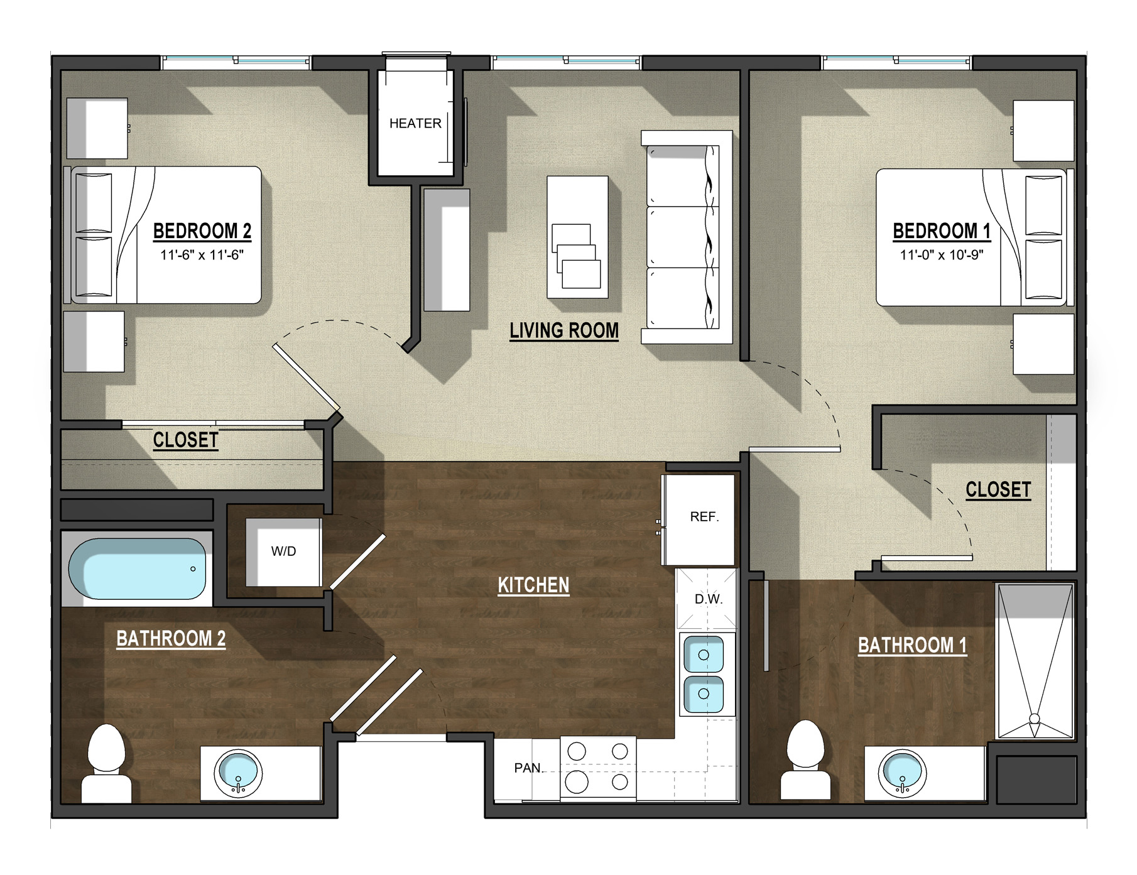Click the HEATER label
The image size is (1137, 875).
pyautogui.click(x=415, y=123)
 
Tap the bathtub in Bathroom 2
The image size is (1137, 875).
pyautogui.click(x=137, y=569)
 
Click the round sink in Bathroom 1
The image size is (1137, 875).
pyautogui.click(x=902, y=773)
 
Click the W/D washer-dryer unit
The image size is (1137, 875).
pyautogui.click(x=283, y=552)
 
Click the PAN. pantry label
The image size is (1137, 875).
pyautogui.click(x=529, y=768)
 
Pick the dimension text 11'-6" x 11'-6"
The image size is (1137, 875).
pyautogui.click(x=202, y=255)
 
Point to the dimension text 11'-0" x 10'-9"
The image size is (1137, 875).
pyautogui.click(x=942, y=255)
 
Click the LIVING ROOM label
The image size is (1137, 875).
pyautogui.click(x=564, y=331)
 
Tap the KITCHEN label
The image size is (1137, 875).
pyautogui.click(x=533, y=585)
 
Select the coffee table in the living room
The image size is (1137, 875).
pyautogui.click(x=577, y=237)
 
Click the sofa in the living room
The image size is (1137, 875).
pyautogui.click(x=687, y=237)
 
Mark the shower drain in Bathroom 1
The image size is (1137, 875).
pyautogui.click(x=1035, y=718)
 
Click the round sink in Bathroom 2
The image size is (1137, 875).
pyautogui.click(x=238, y=773)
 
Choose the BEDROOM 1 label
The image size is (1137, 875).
pyautogui.click(x=942, y=231)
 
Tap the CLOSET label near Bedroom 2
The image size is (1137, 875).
pyautogui.click(x=186, y=440)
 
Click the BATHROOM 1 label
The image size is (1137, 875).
pyautogui.click(x=912, y=645)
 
